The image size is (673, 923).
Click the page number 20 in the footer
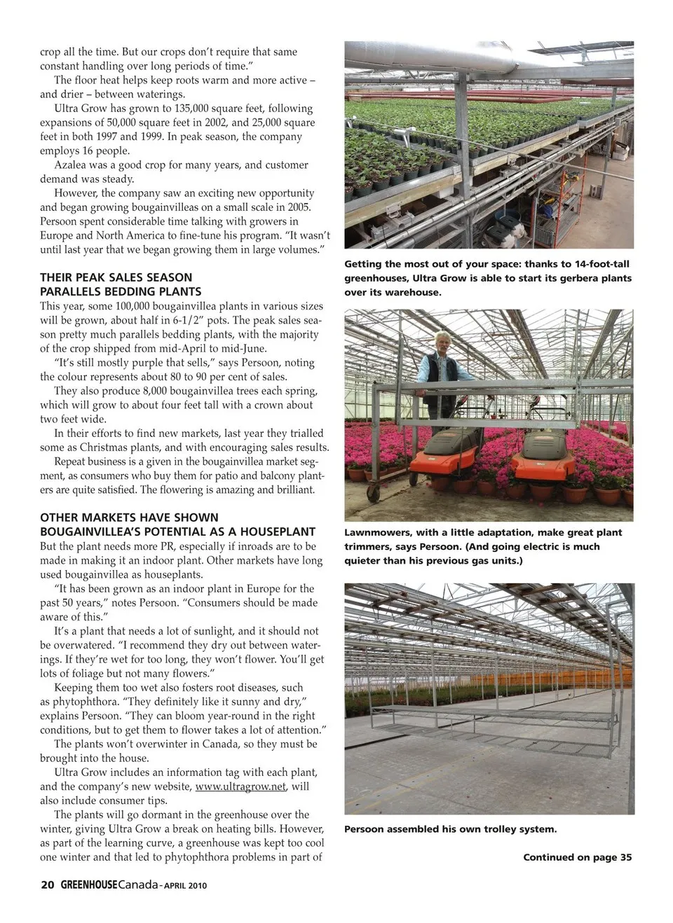[x=47, y=884]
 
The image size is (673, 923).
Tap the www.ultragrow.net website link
[x=240, y=786]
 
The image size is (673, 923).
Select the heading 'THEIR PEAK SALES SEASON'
[x=116, y=277]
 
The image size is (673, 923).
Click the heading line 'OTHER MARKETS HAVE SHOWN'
[x=129, y=518]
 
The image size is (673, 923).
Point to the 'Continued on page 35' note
[x=577, y=857]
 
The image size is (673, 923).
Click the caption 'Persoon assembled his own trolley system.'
[x=450, y=829]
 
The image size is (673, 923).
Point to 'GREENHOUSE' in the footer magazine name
[x=88, y=885]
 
